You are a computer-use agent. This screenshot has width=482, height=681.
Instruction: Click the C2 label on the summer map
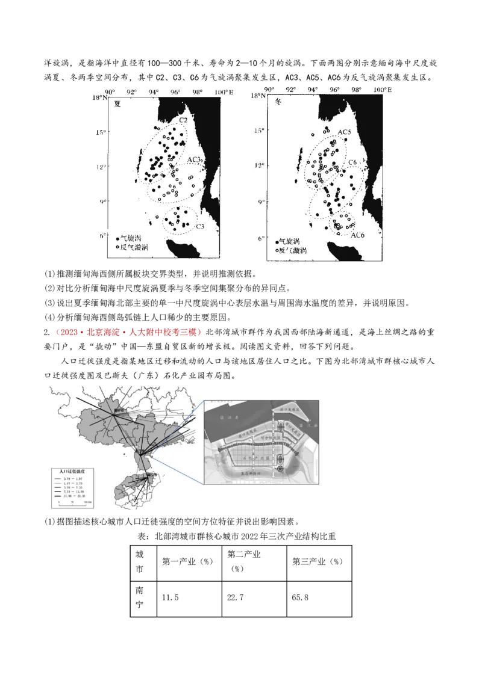click(x=183, y=121)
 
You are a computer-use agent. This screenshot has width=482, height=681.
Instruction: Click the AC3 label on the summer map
click(x=194, y=159)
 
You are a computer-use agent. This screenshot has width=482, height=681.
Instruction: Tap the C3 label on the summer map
click(x=200, y=226)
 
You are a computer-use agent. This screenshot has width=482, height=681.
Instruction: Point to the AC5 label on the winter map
click(x=345, y=132)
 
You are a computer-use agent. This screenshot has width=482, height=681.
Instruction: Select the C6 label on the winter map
click(x=352, y=162)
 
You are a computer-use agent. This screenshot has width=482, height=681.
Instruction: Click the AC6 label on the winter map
click(x=358, y=235)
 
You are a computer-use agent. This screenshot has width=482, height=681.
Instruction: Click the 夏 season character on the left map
click(x=117, y=103)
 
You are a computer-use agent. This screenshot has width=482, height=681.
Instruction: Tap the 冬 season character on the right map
click(x=279, y=102)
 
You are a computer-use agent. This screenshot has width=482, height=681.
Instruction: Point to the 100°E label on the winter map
click(x=382, y=90)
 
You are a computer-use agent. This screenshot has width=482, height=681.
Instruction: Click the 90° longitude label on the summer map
click(x=110, y=91)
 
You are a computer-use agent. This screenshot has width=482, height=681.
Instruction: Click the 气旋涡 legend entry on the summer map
click(x=130, y=239)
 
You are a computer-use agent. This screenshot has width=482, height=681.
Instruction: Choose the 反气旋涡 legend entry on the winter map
click(x=291, y=250)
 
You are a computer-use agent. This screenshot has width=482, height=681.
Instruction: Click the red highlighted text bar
click(x=127, y=331)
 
